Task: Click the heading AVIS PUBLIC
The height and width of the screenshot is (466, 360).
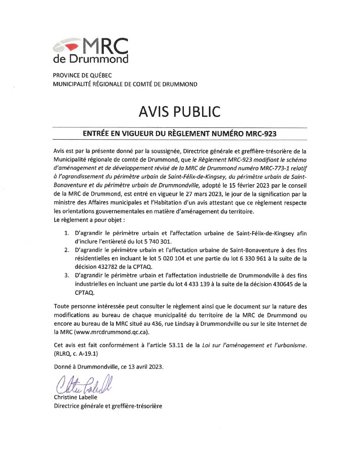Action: (x=180, y=111)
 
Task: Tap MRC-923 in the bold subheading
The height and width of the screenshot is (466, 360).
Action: (x=260, y=133)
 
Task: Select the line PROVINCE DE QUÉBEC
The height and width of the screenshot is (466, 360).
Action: (x=82, y=75)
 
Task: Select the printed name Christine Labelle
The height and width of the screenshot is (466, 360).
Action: (x=73, y=397)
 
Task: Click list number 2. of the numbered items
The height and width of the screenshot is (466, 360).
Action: (x=66, y=250)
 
